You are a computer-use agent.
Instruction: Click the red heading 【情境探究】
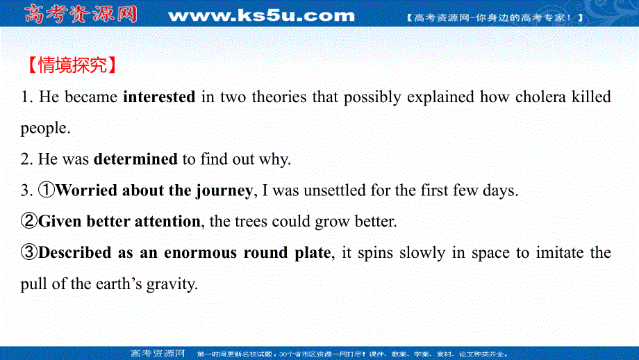[69, 66]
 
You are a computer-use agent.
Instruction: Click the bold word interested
[158, 97]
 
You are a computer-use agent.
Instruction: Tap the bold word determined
[135, 159]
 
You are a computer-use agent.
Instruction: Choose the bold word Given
[59, 222]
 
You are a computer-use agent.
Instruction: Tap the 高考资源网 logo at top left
[80, 14]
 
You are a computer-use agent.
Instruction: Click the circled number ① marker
[47, 190]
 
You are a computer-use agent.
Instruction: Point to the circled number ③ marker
[29, 253]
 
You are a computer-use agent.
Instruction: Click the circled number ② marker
[29, 222]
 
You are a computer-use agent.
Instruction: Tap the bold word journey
[223, 190]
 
